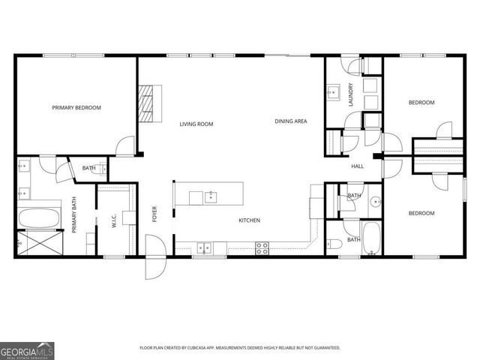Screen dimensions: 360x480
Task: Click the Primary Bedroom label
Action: click(76, 108)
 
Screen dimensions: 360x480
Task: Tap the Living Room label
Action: click(196, 124)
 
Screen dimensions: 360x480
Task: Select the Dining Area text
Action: click(290, 121)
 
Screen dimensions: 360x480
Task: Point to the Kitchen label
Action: click(249, 220)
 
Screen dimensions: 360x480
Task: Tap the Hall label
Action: click(357, 166)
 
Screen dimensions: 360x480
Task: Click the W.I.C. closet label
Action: click(114, 221)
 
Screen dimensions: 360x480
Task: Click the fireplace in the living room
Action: click(149, 102)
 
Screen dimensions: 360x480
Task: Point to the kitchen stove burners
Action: click(262, 247)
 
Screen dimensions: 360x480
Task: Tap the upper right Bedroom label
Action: click(421, 103)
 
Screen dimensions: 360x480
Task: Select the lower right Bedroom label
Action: click(421, 214)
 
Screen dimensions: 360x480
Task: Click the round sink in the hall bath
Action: click(373, 202)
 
